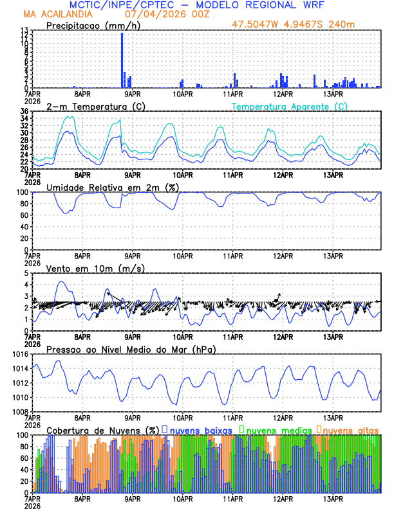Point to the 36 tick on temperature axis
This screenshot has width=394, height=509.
(x=24, y=112)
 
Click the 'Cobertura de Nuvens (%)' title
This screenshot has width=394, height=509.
(x=102, y=429)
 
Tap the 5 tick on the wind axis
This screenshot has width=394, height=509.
(x=26, y=273)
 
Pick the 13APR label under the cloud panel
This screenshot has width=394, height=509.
(x=332, y=498)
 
